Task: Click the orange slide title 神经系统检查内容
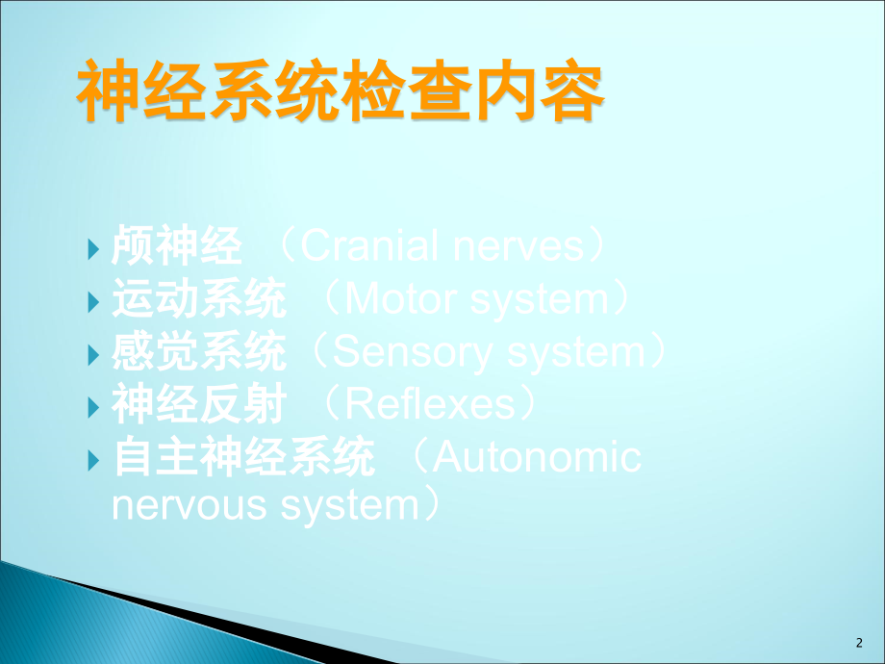[341, 90]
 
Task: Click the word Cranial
[370, 245]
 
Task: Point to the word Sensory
[413, 352]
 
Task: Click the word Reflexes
[430, 403]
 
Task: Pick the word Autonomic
[537, 456]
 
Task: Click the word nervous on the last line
[190, 506]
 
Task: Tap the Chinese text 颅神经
[177, 245]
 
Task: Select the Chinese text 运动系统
[199, 298]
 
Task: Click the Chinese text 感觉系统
[199, 351]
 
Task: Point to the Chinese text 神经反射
[199, 403]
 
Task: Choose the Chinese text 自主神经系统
[243, 456]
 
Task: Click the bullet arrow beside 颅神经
[93, 249]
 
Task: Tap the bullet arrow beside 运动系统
[93, 302]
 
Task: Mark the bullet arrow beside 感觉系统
[93, 355]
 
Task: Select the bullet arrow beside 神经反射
[93, 407]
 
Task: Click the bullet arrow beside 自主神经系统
[93, 460]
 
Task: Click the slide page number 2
[859, 643]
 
